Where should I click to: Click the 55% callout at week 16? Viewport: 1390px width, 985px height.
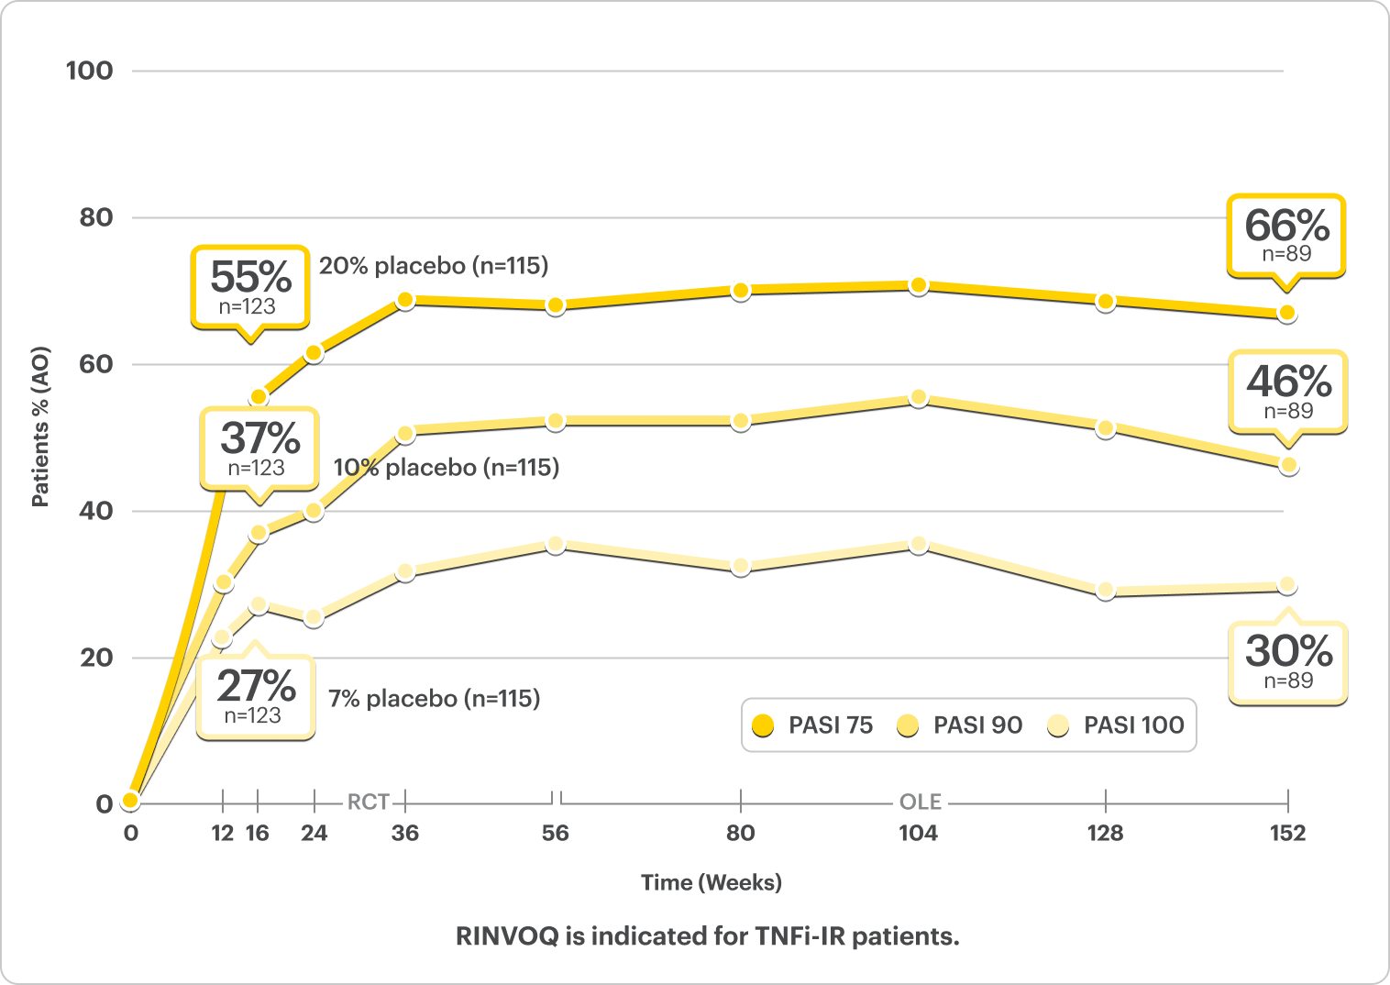click(x=249, y=286)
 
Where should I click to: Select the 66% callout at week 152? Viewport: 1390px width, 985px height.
click(x=1285, y=235)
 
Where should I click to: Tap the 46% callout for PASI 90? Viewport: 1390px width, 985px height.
click(x=1287, y=391)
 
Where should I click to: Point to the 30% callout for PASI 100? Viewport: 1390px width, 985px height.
click(x=1287, y=661)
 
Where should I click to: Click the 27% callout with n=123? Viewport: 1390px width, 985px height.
click(x=255, y=696)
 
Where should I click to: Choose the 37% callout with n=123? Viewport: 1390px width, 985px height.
click(x=259, y=448)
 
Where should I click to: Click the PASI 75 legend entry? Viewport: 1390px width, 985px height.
click(x=812, y=725)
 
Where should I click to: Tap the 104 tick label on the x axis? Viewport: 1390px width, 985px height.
click(x=918, y=833)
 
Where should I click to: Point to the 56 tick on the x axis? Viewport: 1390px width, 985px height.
click(x=555, y=833)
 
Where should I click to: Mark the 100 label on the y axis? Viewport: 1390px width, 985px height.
click(x=89, y=71)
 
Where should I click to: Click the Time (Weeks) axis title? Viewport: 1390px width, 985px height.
click(x=712, y=882)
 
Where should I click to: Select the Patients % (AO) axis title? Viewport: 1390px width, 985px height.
click(x=40, y=426)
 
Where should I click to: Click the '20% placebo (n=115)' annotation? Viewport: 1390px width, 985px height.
click(x=434, y=266)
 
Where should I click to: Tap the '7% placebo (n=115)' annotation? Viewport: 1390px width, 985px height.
click(x=435, y=699)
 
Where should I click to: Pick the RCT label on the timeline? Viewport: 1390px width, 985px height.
click(x=368, y=802)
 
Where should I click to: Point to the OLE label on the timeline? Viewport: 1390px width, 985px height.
click(x=920, y=802)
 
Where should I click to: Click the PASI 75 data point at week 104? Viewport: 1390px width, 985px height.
click(x=918, y=286)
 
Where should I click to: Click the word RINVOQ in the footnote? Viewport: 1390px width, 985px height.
click(x=506, y=936)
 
